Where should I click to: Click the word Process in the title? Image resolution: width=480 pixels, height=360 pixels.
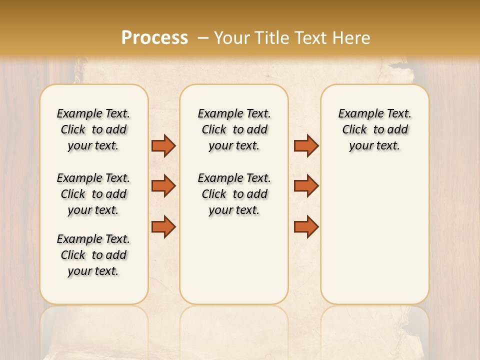tap(154, 38)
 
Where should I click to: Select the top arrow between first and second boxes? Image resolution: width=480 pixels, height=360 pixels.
tap(163, 145)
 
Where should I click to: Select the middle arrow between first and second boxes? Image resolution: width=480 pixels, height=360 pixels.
tap(163, 186)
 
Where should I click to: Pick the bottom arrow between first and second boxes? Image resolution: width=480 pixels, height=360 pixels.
tap(163, 226)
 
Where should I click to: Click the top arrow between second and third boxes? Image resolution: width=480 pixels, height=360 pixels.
tap(306, 145)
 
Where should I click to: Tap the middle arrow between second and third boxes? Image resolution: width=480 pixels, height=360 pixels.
tap(306, 186)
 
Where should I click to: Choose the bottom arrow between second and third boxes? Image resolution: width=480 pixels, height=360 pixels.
tap(306, 226)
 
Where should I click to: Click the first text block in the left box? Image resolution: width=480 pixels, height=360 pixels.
tap(93, 129)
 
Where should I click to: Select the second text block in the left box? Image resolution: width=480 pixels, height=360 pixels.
tap(93, 194)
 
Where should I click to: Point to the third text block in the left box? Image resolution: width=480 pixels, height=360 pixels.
tap(93, 255)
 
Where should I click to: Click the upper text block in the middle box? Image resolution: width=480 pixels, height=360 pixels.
tap(234, 129)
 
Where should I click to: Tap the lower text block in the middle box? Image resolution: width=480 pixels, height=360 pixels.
tap(234, 194)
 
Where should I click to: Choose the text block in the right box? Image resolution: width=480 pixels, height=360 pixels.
tap(375, 129)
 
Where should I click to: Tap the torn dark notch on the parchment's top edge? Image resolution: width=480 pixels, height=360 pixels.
tap(398, 64)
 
